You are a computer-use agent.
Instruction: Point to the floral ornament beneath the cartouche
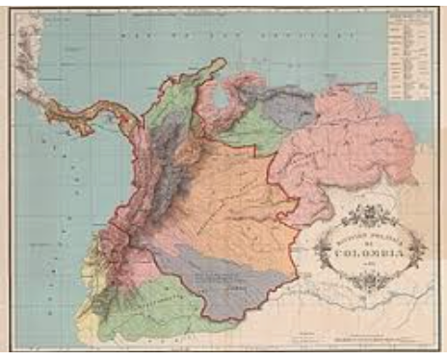click(x=371, y=281)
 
